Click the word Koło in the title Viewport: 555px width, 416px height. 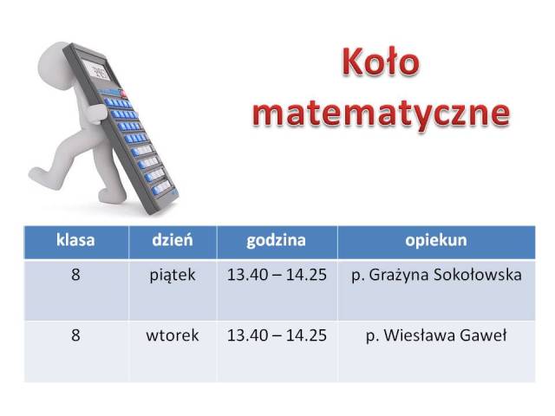381,62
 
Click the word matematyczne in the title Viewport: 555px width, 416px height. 382,114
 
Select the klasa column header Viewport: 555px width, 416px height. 75,240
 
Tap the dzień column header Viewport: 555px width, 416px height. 173,240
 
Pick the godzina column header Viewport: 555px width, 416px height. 276,241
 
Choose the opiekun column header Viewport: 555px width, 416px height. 436,241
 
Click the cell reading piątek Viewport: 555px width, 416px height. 173,276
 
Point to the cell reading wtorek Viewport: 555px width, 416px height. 173,335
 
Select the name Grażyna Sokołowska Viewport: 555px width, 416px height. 445,276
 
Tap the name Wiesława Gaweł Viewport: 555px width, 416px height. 445,335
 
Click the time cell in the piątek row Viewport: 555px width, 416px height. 277,276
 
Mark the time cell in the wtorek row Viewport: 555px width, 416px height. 277,335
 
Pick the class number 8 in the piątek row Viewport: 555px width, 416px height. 75,276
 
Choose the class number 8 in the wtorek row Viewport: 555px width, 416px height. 75,335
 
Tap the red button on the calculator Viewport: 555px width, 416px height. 123,94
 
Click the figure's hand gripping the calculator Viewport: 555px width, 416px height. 96,114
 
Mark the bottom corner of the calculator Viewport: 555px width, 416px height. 153,214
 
